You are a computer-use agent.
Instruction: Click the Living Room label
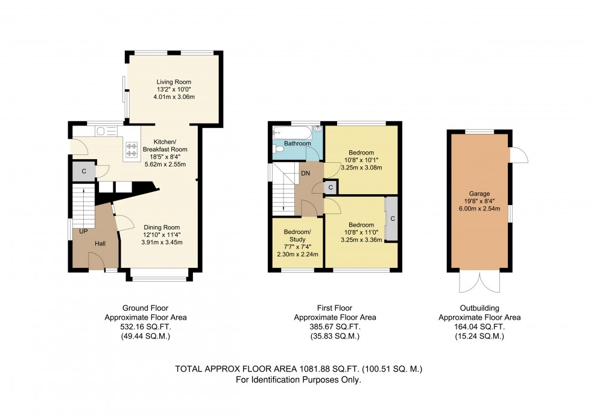tap(174, 82)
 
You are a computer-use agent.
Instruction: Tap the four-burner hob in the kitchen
tap(131, 149)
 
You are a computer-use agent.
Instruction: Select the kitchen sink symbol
tap(107, 131)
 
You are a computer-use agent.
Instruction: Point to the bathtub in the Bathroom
tap(292, 133)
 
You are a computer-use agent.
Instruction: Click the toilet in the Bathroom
tap(278, 149)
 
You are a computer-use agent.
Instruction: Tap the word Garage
tap(479, 194)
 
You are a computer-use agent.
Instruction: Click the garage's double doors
tap(479, 282)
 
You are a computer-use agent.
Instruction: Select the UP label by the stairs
tap(83, 231)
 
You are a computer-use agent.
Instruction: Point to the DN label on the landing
tap(305, 173)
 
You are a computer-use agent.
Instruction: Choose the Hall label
tap(100, 244)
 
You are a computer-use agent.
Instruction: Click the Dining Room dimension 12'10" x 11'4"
tap(162, 235)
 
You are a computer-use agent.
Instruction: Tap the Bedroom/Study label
tap(297, 236)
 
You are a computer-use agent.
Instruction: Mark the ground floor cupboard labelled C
tap(84, 171)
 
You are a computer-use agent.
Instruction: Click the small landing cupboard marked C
tap(330, 188)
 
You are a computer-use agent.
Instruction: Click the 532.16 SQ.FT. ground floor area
tap(145, 327)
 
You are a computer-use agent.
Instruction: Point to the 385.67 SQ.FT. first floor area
tap(335, 327)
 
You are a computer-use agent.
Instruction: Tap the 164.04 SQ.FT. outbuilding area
tap(479, 327)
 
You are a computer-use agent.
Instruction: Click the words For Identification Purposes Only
tap(299, 380)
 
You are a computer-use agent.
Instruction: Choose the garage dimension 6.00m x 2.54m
tap(479, 209)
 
